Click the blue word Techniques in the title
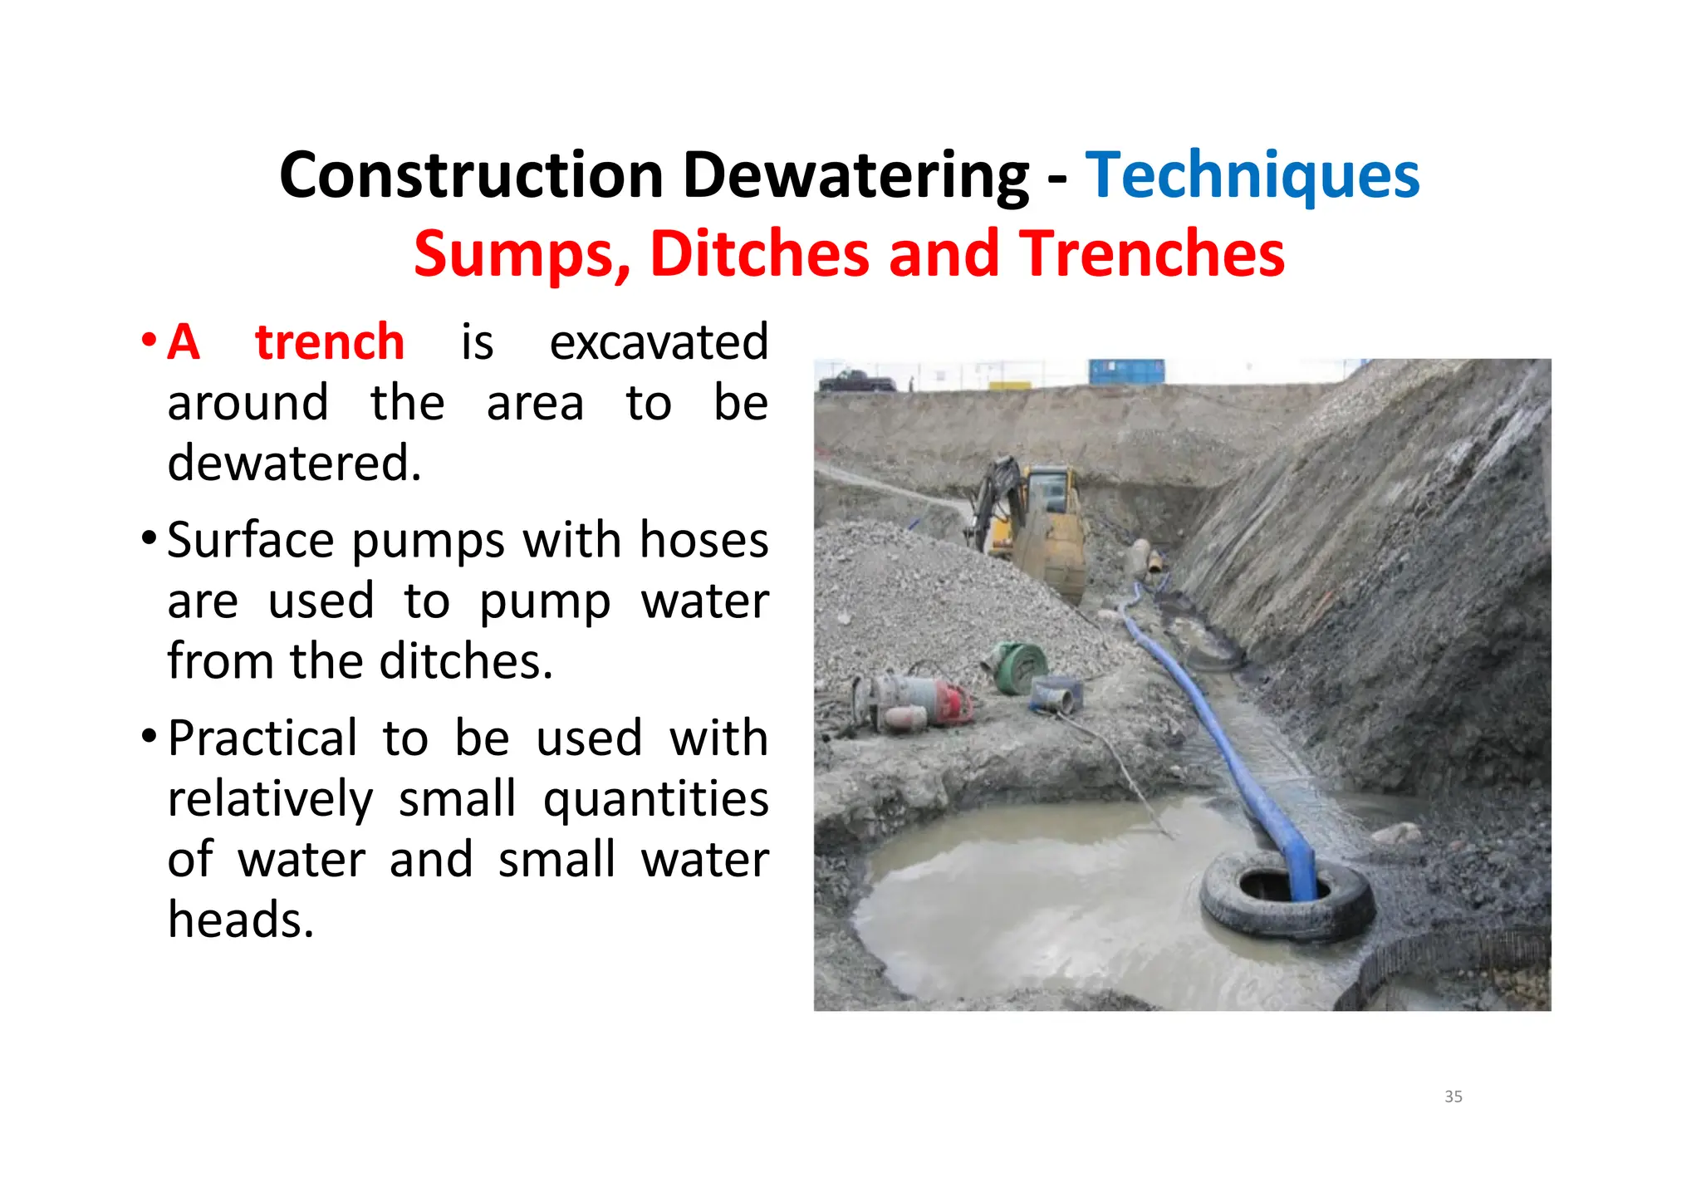coord(1252,175)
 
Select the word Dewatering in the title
coord(855,175)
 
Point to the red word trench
coord(329,342)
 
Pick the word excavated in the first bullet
coord(659,342)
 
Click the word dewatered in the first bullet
coord(294,464)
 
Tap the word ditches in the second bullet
coord(465,662)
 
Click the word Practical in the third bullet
coord(262,738)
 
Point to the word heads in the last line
coord(241,920)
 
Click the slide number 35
coord(1453,1097)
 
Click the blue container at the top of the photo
coord(1126,371)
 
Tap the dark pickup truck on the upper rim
coord(856,382)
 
